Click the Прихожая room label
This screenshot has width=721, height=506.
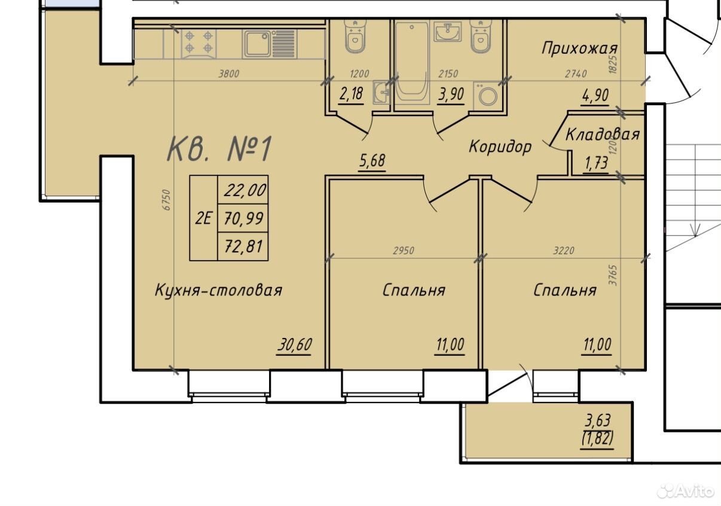579,48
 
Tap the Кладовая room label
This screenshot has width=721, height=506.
603,134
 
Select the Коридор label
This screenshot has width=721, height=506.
500,147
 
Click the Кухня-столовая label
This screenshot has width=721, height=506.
219,290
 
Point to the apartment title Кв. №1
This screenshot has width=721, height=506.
220,148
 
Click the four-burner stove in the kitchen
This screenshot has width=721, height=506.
199,44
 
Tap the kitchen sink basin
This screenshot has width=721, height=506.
257,44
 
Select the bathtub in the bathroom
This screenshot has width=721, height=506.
412,62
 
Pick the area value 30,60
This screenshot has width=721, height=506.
295,345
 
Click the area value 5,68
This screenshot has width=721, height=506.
372,161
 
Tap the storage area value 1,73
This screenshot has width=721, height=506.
597,163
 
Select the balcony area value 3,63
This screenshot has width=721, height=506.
597,420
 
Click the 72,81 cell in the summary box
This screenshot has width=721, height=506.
243,246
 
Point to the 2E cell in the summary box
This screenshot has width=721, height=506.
203,219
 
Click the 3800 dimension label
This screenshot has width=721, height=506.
229,74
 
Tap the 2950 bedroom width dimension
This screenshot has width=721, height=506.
404,251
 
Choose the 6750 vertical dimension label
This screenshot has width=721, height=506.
166,200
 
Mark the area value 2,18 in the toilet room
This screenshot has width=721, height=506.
351,94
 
